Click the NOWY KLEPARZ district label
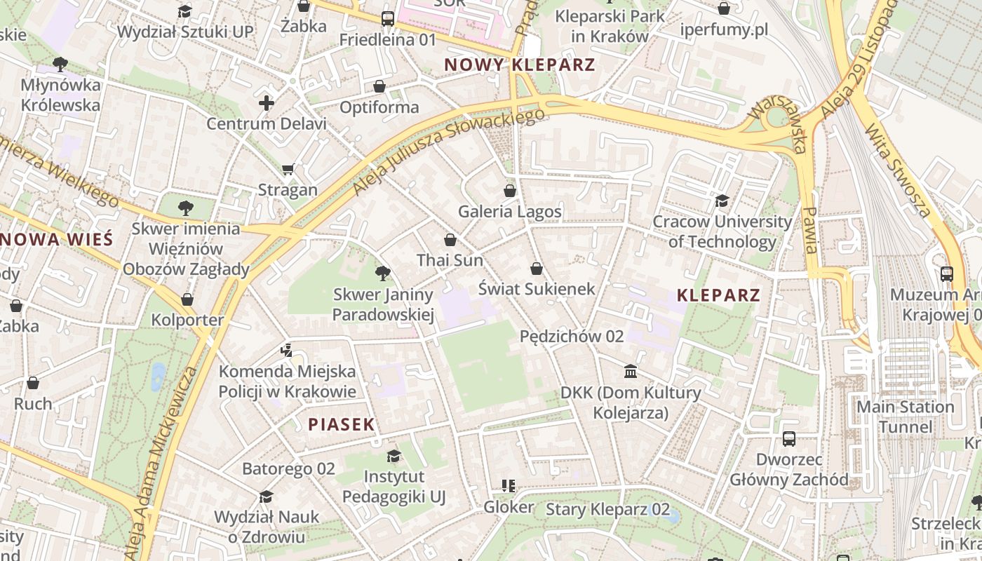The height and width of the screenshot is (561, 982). point(520,65)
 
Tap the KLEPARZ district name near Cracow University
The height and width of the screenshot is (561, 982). point(718,295)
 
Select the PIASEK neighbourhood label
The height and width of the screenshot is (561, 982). point(342,424)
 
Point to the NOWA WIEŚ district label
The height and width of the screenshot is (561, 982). point(56,239)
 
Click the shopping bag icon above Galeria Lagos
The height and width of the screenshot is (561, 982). point(510,191)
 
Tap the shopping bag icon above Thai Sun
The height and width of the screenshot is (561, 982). point(450,240)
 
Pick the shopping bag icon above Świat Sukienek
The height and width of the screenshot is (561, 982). point(537,269)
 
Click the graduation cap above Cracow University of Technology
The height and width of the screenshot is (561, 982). point(722,201)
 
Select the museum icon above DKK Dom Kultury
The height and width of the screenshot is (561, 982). point(631,371)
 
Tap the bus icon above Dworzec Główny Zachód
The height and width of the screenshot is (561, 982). point(789,439)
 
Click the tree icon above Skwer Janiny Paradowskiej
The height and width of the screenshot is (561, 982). point(382,273)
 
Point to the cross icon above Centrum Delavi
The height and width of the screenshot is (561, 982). point(267,104)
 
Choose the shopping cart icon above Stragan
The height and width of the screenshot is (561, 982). point(288,169)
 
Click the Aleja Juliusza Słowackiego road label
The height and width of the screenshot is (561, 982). point(449,151)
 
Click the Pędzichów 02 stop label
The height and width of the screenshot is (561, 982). point(572,337)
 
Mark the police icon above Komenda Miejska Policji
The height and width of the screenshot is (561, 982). point(286,350)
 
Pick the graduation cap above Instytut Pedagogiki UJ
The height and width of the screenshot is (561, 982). point(394,456)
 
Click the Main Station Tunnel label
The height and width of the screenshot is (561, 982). point(906,417)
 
